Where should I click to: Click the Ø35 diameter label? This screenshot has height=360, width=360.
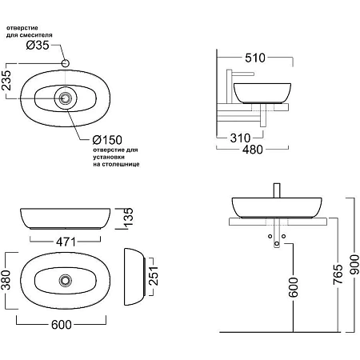38,45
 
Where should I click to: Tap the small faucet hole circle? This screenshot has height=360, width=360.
66,63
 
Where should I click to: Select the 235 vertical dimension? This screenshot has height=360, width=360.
6,80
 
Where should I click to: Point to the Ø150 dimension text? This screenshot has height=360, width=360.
107,140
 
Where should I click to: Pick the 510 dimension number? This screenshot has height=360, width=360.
255,58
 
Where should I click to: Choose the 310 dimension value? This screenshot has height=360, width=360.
240,138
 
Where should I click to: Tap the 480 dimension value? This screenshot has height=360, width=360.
253,150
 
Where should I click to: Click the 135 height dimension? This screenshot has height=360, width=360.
128,217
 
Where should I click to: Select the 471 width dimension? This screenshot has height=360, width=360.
66,242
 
